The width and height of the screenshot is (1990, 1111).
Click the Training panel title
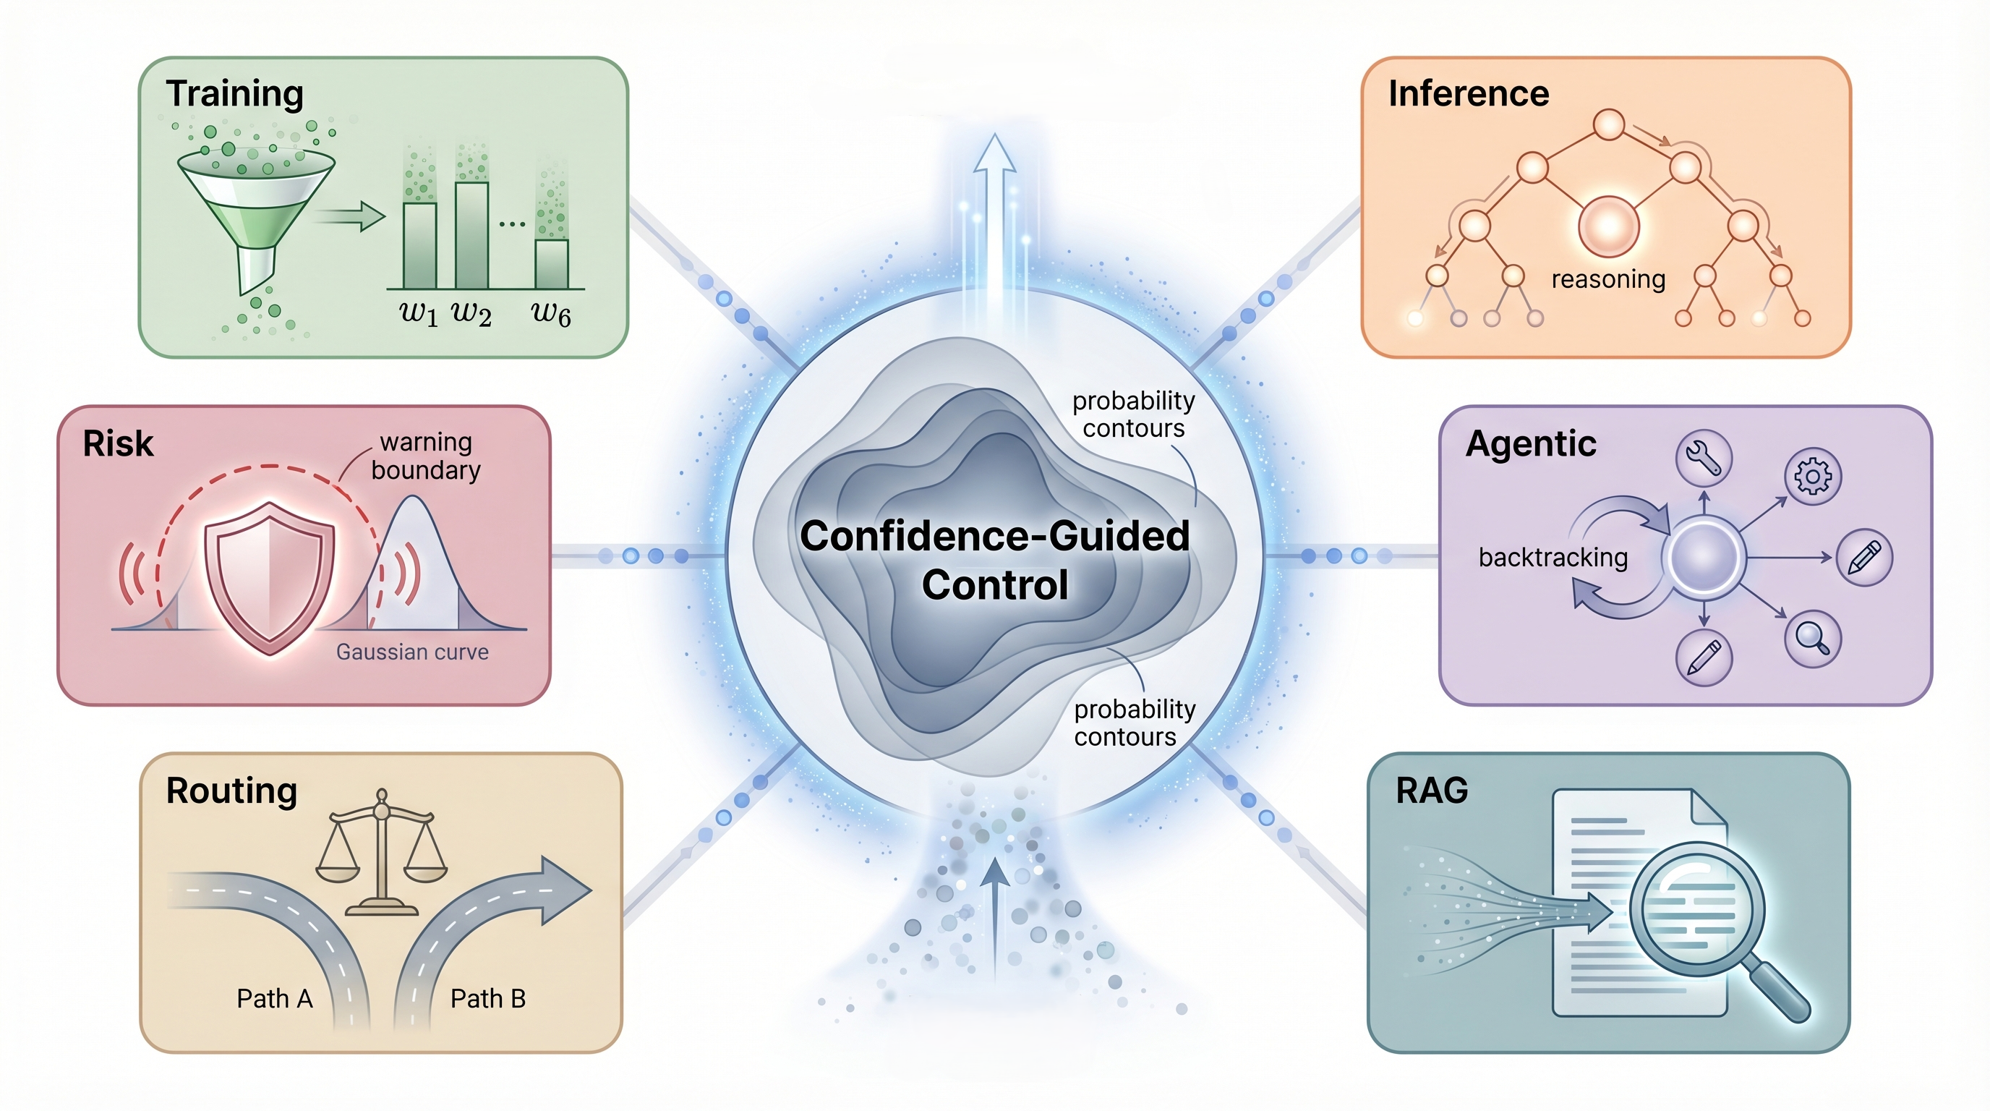click(234, 93)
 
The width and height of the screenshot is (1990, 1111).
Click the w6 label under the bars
click(551, 313)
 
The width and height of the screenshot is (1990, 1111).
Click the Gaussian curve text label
click(411, 652)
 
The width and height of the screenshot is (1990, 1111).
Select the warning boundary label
click(426, 456)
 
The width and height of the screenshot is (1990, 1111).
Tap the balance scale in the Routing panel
click(381, 850)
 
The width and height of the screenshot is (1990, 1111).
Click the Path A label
click(274, 998)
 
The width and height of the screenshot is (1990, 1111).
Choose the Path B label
click(487, 998)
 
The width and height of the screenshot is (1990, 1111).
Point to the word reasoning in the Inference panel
click(1607, 279)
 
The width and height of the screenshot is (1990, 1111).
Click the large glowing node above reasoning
click(1608, 226)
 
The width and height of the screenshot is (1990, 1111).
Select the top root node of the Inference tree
click(1608, 124)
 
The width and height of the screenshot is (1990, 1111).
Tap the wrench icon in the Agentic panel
click(1704, 457)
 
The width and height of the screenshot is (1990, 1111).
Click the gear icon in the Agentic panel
click(1812, 476)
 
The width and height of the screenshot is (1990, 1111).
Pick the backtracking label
click(1553, 557)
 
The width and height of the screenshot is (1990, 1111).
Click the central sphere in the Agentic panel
click(1704, 557)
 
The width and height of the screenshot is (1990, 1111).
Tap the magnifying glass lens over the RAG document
click(1696, 908)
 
